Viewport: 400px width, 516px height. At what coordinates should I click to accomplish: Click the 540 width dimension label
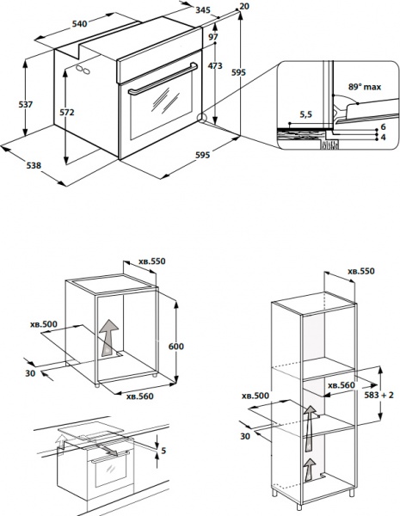[79, 25]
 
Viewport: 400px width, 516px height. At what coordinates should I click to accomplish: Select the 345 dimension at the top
[203, 9]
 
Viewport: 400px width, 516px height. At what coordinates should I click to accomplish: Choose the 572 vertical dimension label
[78, 112]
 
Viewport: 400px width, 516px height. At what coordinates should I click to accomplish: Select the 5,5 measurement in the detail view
[306, 113]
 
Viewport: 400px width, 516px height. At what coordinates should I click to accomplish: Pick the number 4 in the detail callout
[384, 137]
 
